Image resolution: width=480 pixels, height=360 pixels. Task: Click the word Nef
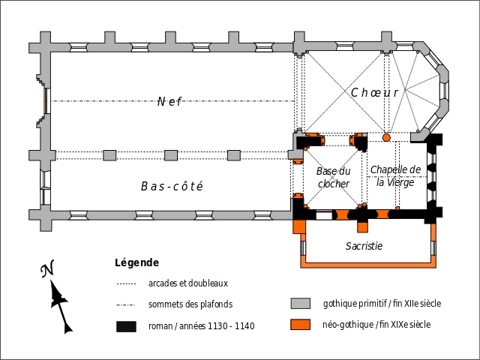169,102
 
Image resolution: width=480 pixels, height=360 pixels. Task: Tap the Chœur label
373,92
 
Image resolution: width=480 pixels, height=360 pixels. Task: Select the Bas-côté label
172,186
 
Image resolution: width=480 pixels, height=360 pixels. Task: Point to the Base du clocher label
333,177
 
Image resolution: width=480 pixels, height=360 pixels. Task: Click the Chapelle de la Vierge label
395,175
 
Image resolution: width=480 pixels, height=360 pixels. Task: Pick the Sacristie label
364,246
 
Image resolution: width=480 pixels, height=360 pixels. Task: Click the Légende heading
136,263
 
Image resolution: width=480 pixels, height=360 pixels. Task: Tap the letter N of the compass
47,269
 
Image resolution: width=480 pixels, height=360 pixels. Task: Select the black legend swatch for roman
126,326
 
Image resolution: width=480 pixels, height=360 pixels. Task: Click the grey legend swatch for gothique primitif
301,304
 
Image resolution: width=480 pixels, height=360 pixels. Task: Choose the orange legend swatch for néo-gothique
301,325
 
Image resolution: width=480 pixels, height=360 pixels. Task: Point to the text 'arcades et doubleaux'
188,283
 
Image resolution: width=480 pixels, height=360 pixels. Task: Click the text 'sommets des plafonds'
190,304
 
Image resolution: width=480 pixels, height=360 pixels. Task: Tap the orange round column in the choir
387,137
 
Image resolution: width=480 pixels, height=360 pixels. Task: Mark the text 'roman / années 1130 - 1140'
201,326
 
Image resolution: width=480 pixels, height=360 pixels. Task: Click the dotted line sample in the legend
126,284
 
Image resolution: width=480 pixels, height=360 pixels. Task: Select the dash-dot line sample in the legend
126,305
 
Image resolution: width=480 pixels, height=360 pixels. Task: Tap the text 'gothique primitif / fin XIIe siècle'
382,304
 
